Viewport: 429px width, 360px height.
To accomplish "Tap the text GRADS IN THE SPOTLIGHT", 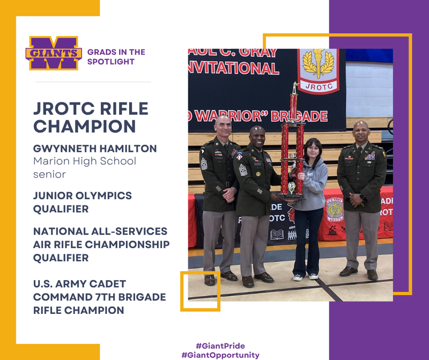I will click(116, 57).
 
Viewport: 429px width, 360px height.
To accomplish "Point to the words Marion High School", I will click(85, 161).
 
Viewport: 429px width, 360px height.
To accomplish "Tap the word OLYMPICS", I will click(101, 196).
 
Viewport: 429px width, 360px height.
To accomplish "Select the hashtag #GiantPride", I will click(220, 346).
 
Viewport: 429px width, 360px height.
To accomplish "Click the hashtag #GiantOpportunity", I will click(220, 355).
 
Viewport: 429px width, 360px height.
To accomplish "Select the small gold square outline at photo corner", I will click(200, 291).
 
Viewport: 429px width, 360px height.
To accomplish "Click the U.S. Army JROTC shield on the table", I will click(335, 210).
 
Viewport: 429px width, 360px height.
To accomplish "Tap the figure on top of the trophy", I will click(294, 87).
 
